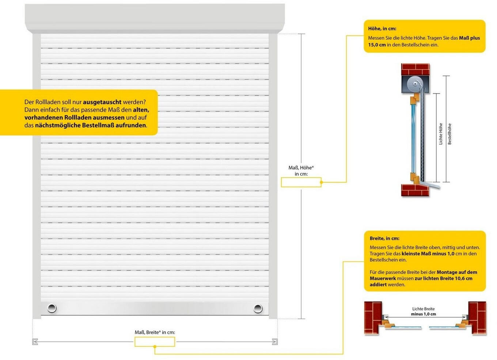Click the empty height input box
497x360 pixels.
point(301,182)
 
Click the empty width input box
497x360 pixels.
point(155,342)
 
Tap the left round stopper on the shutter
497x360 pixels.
point(52,308)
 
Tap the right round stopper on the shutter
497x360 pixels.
point(258,308)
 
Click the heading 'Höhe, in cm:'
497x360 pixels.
point(382,29)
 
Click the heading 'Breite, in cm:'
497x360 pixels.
point(384,238)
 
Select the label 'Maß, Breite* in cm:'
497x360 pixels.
point(155,332)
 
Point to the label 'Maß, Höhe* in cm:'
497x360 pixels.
point(301,171)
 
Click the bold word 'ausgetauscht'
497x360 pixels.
point(102,102)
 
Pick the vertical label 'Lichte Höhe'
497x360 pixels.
point(441,134)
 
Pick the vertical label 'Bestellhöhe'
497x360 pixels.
point(449,134)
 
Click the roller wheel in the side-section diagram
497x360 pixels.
point(416,84)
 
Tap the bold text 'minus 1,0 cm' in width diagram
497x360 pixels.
point(423,314)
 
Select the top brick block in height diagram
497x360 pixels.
point(415,69)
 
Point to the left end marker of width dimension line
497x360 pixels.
point(35,342)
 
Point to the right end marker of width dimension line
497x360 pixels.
point(275,342)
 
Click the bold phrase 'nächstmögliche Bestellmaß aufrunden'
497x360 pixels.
point(90,125)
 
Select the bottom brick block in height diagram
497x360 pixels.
point(415,190)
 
